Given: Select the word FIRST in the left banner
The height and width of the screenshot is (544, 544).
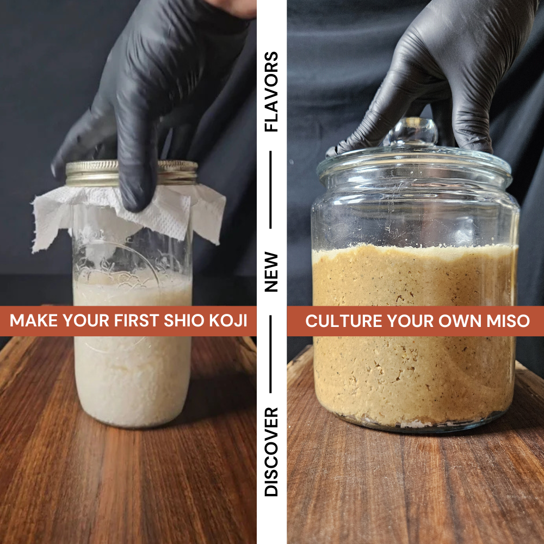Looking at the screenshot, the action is [137, 320].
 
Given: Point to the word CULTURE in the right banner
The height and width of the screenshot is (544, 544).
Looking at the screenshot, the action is [344, 321].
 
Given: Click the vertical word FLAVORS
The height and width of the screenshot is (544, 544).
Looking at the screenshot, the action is [271, 91].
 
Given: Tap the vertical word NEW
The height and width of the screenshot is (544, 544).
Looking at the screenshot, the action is [271, 271].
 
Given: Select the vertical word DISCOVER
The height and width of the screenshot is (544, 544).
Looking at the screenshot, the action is [271, 452].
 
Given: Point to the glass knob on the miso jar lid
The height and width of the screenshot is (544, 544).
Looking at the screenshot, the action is [412, 132].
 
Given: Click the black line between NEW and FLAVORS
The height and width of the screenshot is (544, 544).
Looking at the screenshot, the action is [270, 190].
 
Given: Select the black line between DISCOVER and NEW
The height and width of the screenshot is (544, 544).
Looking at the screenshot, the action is [270, 354].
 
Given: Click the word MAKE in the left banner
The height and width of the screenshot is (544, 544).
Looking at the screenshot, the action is [33, 320].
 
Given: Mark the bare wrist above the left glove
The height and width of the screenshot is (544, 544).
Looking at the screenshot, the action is [236, 8].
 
